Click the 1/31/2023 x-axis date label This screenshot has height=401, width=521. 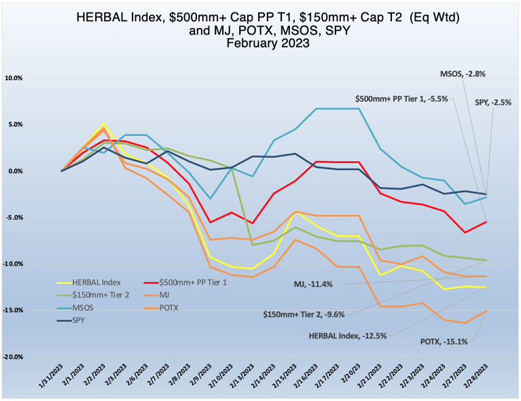click(x=51, y=375)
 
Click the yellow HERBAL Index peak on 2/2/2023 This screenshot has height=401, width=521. click(x=103, y=124)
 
